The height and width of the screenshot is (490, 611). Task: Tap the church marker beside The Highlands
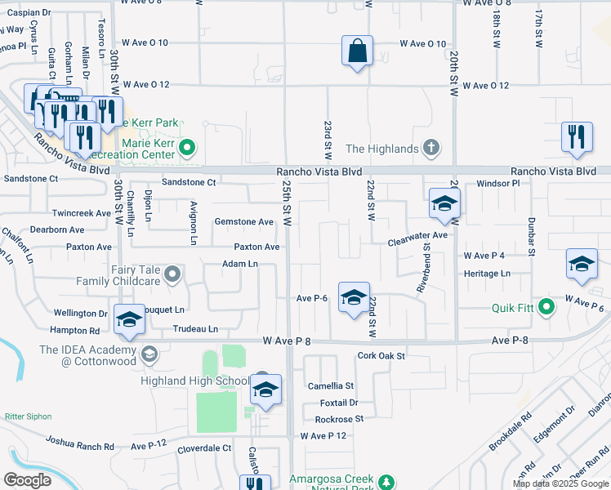point(431,148)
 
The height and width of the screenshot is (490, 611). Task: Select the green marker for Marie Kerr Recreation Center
point(187,148)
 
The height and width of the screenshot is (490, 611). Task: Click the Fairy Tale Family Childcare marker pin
point(172,274)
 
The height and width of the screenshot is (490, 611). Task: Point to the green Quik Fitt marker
point(547,308)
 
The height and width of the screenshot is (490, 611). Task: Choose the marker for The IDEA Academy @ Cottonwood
point(149,354)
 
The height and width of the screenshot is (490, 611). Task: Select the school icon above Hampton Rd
point(129,320)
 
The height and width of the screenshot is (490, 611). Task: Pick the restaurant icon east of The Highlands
point(577,138)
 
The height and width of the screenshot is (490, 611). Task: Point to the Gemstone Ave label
point(243,221)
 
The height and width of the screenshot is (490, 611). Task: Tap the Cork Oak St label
point(381,356)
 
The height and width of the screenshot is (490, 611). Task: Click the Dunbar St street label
point(530,237)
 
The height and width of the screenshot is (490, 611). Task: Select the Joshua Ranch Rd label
point(79,447)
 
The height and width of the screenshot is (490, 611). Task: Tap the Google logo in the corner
point(28,480)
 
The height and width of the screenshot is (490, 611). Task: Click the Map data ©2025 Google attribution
point(560,483)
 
